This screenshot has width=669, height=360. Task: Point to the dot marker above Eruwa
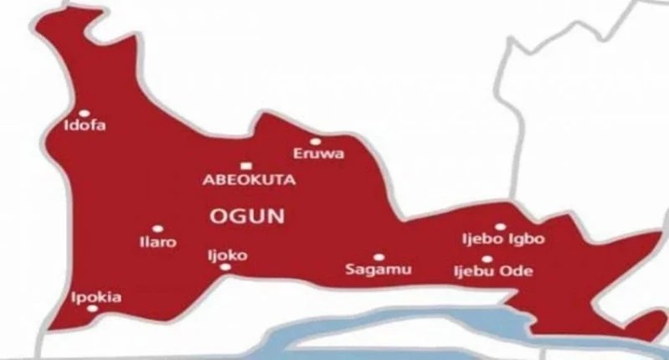(x=315, y=141)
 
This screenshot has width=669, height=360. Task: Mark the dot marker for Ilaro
(x=157, y=229)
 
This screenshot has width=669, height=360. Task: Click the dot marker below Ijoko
(x=224, y=268)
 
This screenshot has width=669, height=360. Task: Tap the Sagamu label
(x=368, y=270)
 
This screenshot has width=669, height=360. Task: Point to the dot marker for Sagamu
(x=378, y=257)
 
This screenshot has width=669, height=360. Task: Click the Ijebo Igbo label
(x=503, y=239)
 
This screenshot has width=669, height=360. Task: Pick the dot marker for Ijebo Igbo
(x=500, y=226)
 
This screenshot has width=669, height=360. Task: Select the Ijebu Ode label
(x=492, y=272)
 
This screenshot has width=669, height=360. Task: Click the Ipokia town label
(x=97, y=296)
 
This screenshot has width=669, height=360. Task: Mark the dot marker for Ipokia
(x=91, y=309)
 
